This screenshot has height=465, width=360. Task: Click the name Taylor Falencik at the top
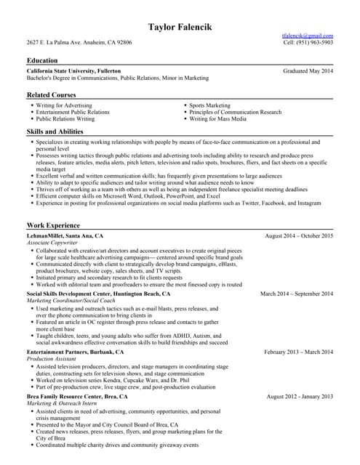click(x=180, y=28)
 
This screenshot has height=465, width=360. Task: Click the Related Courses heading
click(x=51, y=95)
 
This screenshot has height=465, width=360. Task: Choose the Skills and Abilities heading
click(x=55, y=131)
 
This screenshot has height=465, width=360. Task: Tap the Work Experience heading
click(x=53, y=225)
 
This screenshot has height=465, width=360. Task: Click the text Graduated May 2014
click(x=308, y=70)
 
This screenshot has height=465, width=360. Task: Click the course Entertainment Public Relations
click(x=73, y=112)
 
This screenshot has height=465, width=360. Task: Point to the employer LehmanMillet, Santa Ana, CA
click(x=65, y=236)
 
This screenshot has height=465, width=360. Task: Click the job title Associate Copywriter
click(x=53, y=243)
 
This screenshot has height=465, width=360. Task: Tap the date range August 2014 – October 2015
click(x=299, y=236)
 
